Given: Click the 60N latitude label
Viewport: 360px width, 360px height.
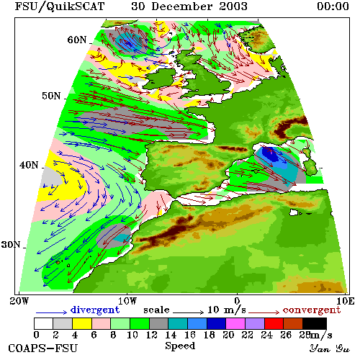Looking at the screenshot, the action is (77, 40).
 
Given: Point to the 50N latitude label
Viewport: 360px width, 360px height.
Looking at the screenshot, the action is (51, 96).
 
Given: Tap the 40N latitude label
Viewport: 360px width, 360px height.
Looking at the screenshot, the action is (29, 165).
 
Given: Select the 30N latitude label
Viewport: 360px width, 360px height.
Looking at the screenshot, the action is (11, 245).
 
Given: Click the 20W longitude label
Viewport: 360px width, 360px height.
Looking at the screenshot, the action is (19, 301).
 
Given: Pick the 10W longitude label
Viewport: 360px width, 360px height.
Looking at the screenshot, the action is (127, 301).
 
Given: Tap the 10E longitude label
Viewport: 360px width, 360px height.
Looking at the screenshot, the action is (345, 301).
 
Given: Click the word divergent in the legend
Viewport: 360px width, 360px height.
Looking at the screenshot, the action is (95, 310).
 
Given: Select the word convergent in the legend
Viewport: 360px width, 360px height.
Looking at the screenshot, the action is (312, 310).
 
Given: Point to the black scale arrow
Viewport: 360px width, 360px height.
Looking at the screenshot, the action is (189, 312).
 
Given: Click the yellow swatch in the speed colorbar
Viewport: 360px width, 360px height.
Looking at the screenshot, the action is (82, 323).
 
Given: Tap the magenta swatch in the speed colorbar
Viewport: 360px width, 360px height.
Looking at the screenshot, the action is (235, 323).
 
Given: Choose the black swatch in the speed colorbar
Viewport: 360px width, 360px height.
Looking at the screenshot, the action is (315, 323).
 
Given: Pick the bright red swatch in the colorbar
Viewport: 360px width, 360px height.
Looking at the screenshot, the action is (274, 323).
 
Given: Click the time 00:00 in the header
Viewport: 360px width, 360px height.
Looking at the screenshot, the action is (333, 6).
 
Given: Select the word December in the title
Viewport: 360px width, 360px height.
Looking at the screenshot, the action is (181, 6).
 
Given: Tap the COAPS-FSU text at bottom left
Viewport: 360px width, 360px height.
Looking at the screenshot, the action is (42, 348).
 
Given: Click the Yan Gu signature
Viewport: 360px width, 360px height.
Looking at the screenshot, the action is (329, 348).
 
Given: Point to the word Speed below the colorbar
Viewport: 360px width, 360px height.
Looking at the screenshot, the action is (180, 346).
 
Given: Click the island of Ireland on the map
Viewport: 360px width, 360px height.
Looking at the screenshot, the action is (160, 78).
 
